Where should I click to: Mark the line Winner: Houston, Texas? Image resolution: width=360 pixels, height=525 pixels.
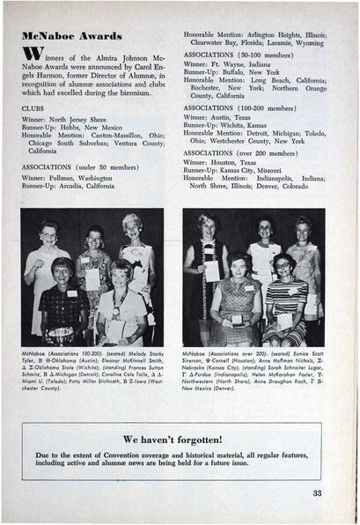(x=224, y=163)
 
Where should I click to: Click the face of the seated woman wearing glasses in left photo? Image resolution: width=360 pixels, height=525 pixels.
(x=63, y=268)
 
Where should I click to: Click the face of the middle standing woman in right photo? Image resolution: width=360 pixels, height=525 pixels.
(x=266, y=232)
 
